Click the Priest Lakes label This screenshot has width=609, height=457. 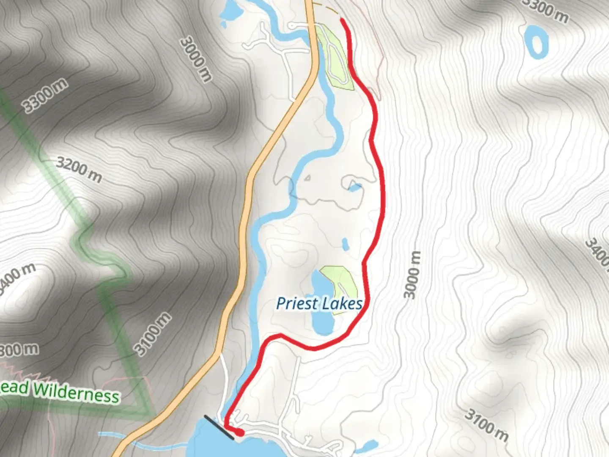319,303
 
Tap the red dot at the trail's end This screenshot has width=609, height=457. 240,432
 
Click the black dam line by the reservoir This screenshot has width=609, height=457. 219,427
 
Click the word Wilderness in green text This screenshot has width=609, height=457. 76,392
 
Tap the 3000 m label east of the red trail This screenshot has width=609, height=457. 412,274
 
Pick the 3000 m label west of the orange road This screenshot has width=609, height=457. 196,59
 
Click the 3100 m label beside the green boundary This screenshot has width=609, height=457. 153,334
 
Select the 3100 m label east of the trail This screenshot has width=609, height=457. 487,424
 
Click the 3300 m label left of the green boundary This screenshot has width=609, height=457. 45,96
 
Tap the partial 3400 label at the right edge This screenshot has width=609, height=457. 597,252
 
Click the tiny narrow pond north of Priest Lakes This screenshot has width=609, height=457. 345,244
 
